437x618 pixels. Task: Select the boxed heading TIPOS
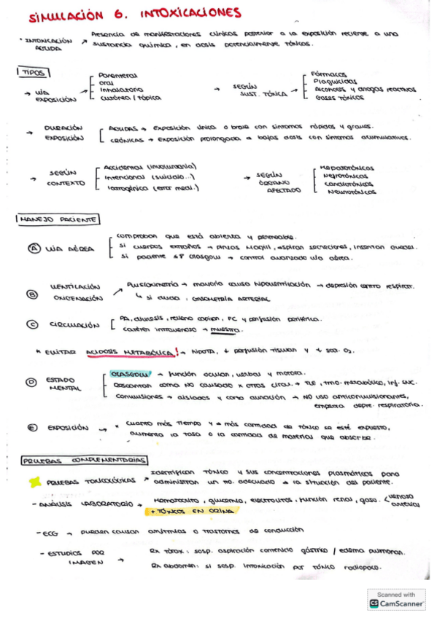pos(32,72)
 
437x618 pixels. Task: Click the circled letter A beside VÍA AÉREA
pos(34,249)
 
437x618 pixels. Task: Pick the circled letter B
pos(31,294)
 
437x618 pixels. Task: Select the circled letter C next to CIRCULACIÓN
pos(31,324)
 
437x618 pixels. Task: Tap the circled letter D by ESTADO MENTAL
pos(31,381)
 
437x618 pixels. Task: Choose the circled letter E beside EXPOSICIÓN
pos(31,428)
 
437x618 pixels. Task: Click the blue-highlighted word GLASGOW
pos(126,373)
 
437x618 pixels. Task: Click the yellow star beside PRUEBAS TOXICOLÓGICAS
pos(34,481)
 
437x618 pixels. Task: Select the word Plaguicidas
pos(335,81)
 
